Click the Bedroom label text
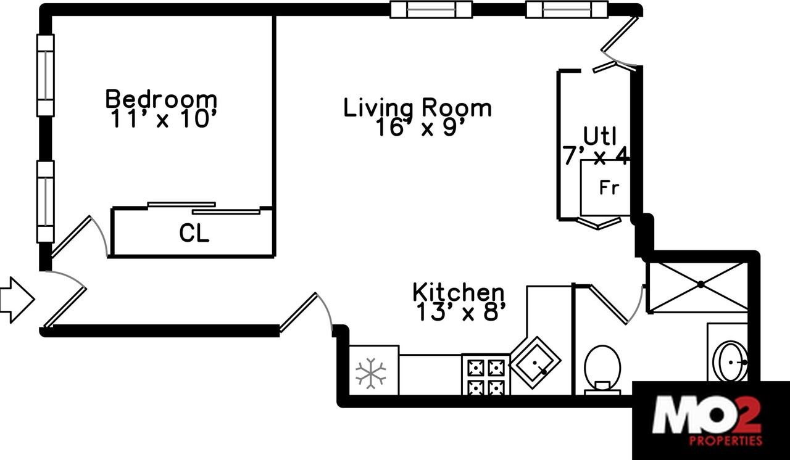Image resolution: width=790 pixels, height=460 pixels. coord(161,99)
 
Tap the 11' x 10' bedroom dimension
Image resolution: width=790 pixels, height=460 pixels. coord(161,119)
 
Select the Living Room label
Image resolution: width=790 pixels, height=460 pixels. coord(417,108)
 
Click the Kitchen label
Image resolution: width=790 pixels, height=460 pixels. coord(458,292)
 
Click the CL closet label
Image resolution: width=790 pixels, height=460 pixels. coord(194,234)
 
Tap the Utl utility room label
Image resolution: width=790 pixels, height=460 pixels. coord(600,135)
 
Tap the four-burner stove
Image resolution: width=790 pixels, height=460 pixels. coord(486,377)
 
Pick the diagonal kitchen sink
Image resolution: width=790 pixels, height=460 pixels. coord(534,363)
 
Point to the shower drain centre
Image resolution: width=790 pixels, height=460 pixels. coord(701,284)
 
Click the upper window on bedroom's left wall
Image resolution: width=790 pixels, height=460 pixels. coord(45,75)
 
